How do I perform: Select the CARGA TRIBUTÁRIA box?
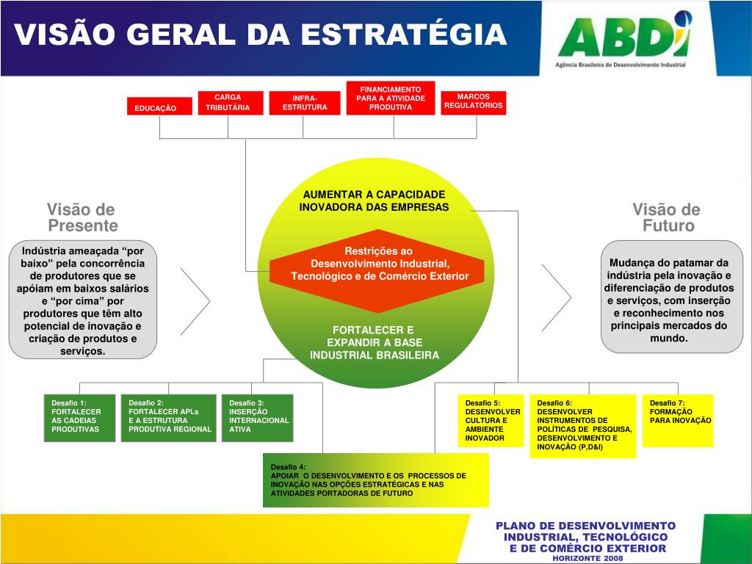(x=228, y=102)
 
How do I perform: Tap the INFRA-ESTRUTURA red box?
(x=305, y=102)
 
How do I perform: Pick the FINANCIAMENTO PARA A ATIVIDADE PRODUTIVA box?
(x=391, y=98)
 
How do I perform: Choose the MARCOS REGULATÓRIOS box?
(x=474, y=101)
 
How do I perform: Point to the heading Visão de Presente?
(x=82, y=217)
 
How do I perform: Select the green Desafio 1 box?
(x=79, y=417)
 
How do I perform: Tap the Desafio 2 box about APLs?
(x=168, y=417)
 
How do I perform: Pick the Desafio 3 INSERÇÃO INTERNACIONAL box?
(x=257, y=417)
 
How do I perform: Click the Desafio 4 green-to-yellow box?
(x=375, y=480)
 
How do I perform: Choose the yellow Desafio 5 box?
(x=492, y=421)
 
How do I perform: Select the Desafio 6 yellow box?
(x=583, y=426)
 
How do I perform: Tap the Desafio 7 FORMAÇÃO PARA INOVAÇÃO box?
(x=677, y=420)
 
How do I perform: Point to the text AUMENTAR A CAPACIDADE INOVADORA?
(x=374, y=200)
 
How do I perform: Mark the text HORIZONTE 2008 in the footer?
(x=587, y=558)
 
